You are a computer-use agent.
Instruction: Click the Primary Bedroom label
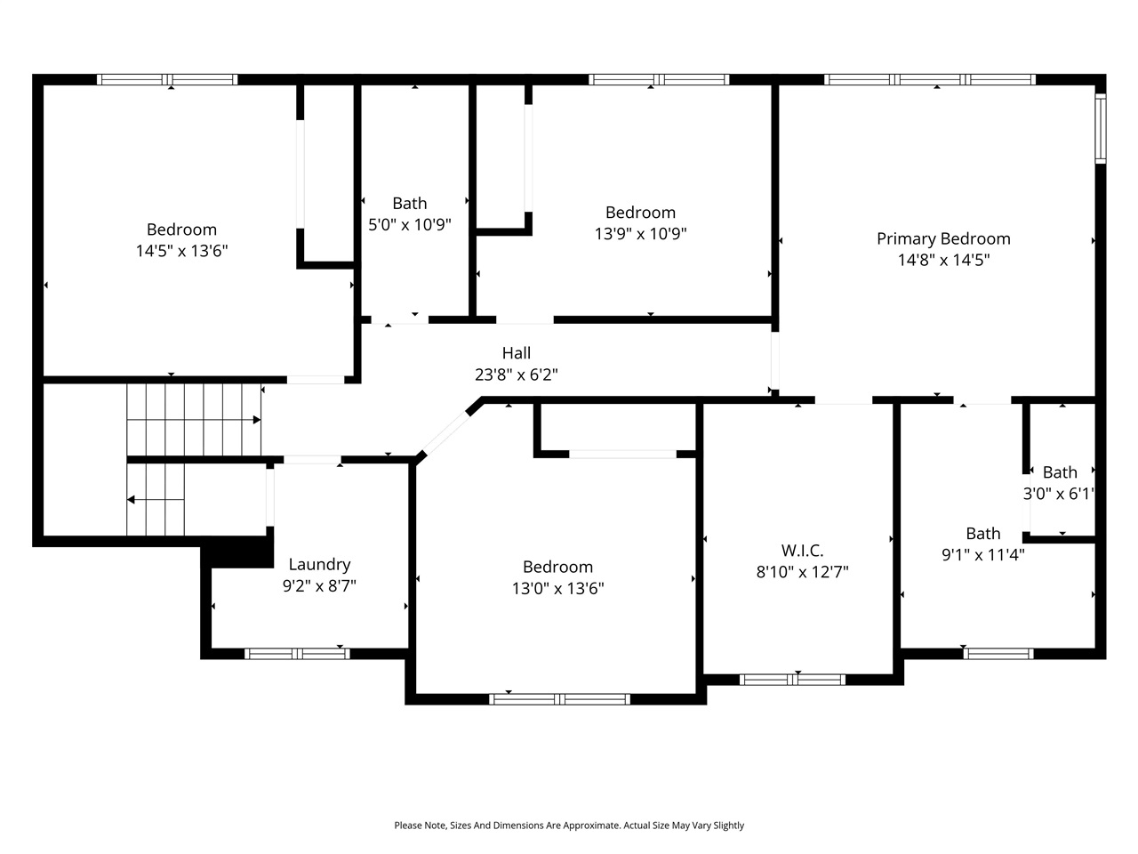click(x=943, y=238)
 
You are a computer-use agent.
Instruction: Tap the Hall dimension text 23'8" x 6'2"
click(x=516, y=375)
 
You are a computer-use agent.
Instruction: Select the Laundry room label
click(x=319, y=564)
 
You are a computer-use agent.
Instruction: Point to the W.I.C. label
click(x=802, y=551)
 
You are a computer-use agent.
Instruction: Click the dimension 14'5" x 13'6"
click(x=181, y=252)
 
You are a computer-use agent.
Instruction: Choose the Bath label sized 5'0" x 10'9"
click(x=409, y=204)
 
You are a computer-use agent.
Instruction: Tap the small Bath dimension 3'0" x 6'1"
click(x=1058, y=494)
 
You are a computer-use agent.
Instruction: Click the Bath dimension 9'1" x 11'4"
click(x=982, y=555)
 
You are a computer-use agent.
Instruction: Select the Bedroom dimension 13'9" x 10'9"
click(x=640, y=234)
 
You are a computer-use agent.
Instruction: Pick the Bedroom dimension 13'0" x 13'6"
click(x=557, y=588)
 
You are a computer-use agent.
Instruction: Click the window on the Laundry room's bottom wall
click(x=297, y=654)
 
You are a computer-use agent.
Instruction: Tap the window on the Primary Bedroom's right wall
click(x=1100, y=129)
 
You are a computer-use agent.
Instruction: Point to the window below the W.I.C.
click(x=792, y=681)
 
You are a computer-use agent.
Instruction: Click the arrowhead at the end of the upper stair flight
click(x=257, y=419)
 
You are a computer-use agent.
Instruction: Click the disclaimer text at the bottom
click(x=569, y=826)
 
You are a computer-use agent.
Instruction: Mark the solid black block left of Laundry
click(x=239, y=552)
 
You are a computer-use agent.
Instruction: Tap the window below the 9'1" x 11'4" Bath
click(x=998, y=654)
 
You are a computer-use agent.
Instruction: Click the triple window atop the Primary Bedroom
click(x=930, y=79)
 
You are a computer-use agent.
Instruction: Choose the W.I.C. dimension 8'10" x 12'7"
click(x=802, y=572)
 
